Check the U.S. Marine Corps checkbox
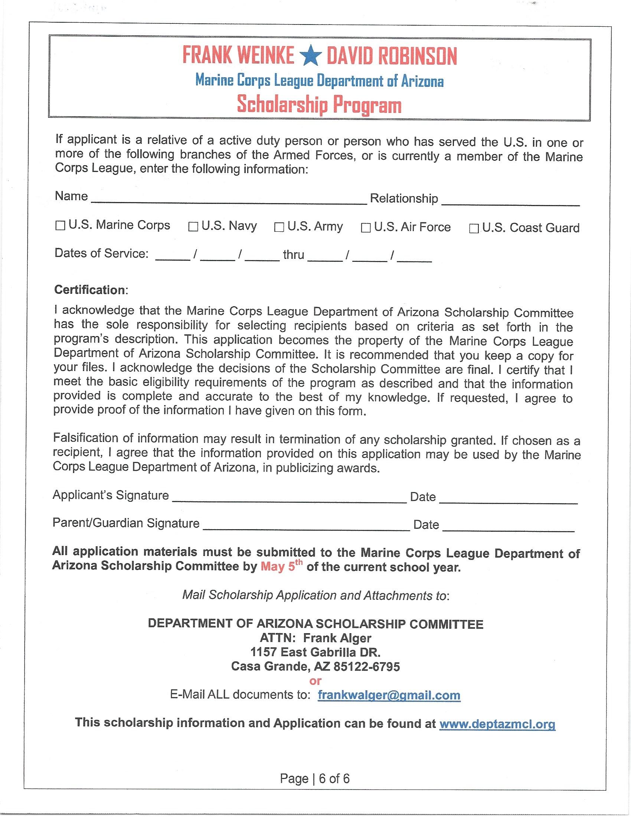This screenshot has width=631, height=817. [60, 226]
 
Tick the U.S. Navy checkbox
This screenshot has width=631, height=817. [193, 227]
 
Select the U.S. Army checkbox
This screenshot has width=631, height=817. [279, 227]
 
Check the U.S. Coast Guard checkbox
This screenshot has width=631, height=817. [474, 228]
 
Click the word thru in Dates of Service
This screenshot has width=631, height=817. [294, 255]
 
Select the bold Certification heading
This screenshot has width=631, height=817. [91, 290]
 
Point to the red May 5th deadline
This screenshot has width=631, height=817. [281, 567]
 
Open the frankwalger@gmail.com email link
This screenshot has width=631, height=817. [389, 696]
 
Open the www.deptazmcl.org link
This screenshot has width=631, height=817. [497, 724]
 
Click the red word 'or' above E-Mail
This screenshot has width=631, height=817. [315, 681]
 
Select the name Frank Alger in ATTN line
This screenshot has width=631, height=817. [337, 638]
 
